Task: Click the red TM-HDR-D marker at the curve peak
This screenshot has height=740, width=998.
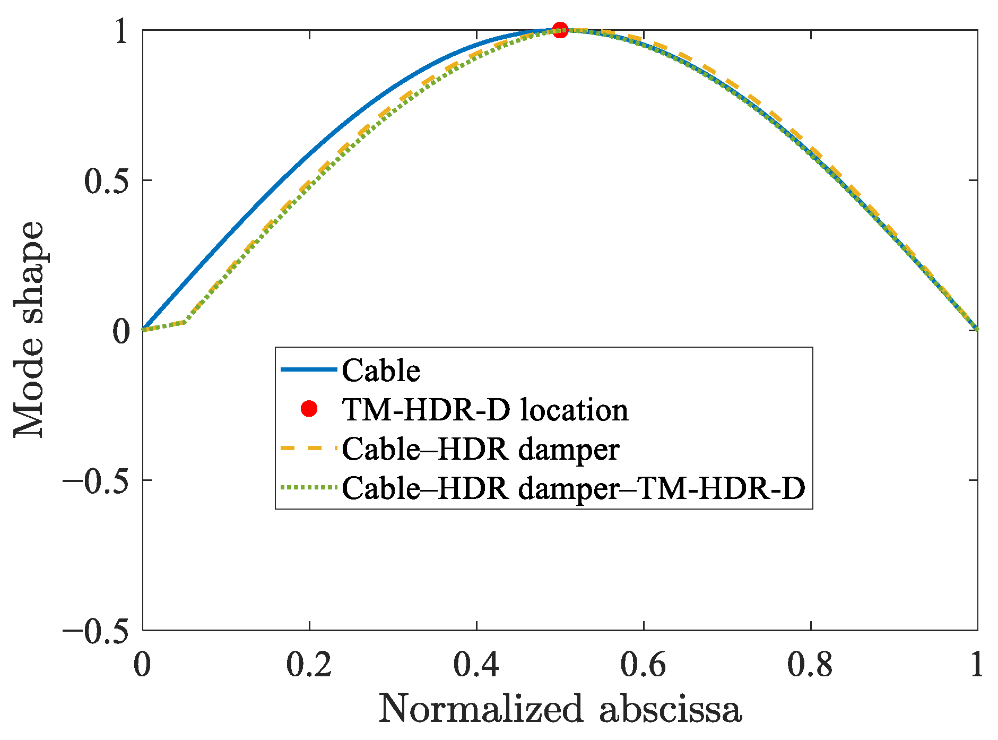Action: [x=560, y=30]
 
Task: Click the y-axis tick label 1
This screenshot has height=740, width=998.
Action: [x=122, y=32]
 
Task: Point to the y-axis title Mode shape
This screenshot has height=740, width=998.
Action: [x=29, y=329]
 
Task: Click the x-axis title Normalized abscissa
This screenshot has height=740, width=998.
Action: [x=560, y=709]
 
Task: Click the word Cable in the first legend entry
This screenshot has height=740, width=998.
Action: [x=381, y=370]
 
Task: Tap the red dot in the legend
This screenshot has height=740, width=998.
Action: [x=308, y=409]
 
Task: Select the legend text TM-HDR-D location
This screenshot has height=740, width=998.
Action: [x=485, y=410]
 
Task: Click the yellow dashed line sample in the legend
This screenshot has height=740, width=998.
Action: [x=308, y=449]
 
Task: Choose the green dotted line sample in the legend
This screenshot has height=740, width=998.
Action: [x=308, y=487]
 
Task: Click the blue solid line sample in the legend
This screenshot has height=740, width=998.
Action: [x=308, y=369]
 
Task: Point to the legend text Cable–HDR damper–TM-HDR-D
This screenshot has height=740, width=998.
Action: [x=574, y=488]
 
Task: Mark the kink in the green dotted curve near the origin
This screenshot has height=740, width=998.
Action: [x=184, y=322]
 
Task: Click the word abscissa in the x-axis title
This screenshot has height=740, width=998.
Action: [x=671, y=709]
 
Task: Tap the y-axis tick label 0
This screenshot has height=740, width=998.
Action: [x=122, y=331]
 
